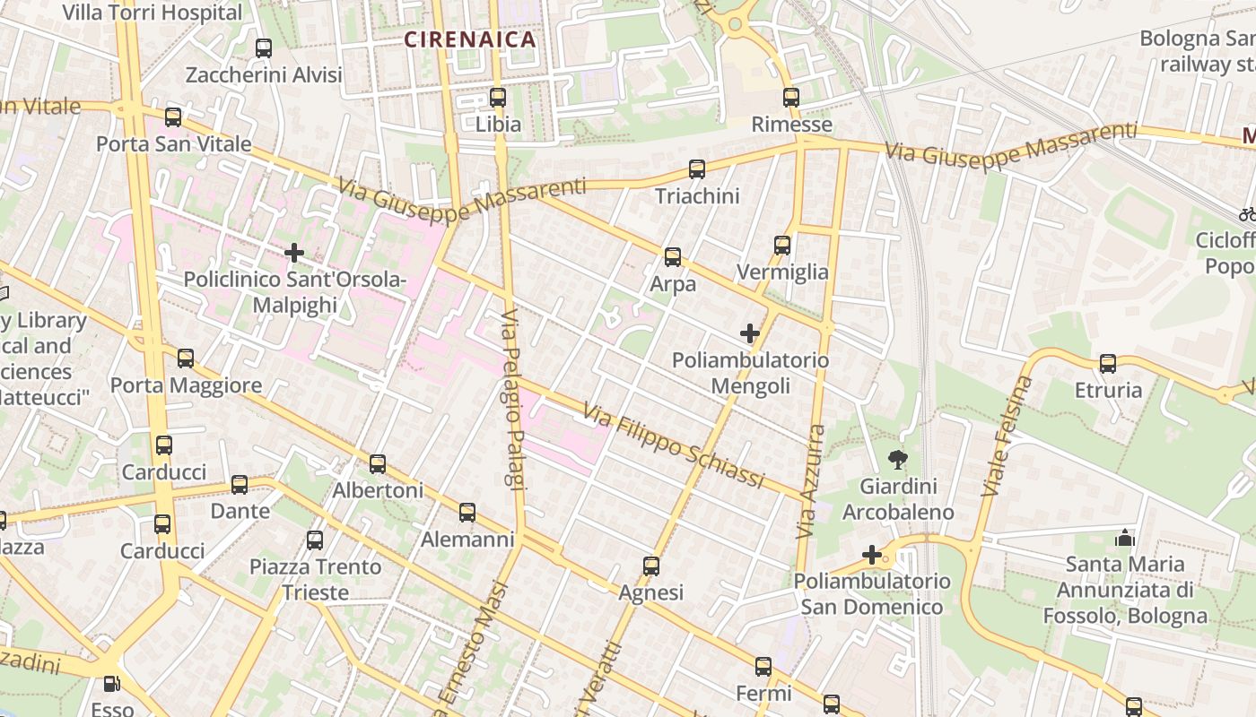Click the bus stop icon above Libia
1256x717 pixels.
pyautogui.click(x=498, y=97)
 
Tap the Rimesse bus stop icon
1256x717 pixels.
pyautogui.click(x=790, y=97)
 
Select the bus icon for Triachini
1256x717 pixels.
pyautogui.click(x=696, y=168)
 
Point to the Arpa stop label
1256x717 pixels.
pyautogui.click(x=673, y=284)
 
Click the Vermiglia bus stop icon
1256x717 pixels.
pyautogui.click(x=781, y=245)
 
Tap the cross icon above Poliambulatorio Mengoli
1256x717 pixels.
pyautogui.click(x=750, y=333)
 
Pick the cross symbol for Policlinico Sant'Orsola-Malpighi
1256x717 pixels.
pyautogui.click(x=294, y=253)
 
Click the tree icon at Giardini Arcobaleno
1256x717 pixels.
pyautogui.click(x=896, y=460)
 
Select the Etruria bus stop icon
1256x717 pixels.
pyautogui.click(x=1108, y=363)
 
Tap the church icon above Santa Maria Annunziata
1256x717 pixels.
pyautogui.click(x=1124, y=538)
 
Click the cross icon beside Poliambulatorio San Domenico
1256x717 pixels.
pyautogui.click(x=871, y=555)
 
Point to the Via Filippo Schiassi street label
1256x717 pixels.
pyautogui.click(x=673, y=446)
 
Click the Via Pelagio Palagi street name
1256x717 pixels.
pyautogui.click(x=512, y=400)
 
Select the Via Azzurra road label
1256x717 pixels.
pyautogui.click(x=809, y=481)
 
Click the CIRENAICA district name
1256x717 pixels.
pyautogui.click(x=469, y=39)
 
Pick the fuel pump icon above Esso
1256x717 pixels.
pyautogui.click(x=111, y=684)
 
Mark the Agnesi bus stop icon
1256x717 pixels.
pyautogui.click(x=651, y=566)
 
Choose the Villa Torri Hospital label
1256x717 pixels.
pyautogui.click(x=153, y=13)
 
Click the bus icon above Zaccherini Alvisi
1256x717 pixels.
pyautogui.click(x=264, y=48)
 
